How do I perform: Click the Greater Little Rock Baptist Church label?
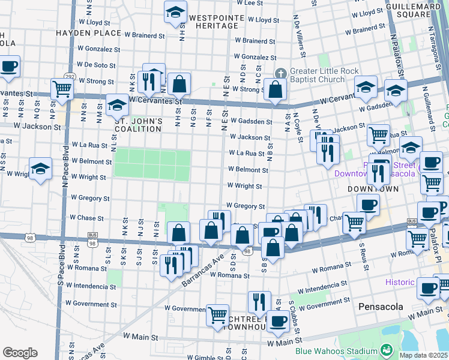pos(324,75)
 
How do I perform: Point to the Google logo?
pos(20,353)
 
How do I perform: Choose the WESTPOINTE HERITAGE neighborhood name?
pos(213,22)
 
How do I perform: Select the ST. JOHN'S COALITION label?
pos(139,125)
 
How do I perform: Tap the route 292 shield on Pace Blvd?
pos(70,77)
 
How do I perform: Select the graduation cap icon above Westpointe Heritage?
pos(176,13)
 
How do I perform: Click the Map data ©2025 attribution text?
pos(424,355)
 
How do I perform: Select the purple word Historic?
pos(399,282)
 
